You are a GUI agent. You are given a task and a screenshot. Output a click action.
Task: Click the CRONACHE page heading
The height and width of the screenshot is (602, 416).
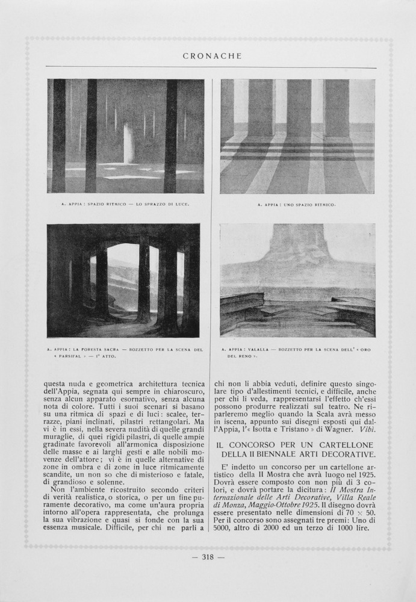pos(211,56)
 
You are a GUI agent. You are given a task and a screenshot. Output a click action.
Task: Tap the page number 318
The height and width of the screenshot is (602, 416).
pos(208,557)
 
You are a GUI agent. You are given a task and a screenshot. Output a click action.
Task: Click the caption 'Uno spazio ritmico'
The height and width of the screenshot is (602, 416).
pos(296,205)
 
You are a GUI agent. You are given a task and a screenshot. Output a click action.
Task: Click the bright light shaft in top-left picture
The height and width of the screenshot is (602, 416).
pos(128,143)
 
